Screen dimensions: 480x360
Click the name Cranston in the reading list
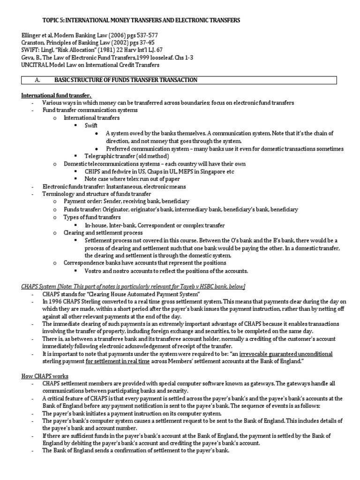[35, 43]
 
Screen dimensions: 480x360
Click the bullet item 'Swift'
[91, 126]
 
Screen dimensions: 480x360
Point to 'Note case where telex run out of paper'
[133, 179]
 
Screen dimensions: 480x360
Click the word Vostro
[94, 270]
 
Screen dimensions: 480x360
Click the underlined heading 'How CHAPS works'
[45, 376]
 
